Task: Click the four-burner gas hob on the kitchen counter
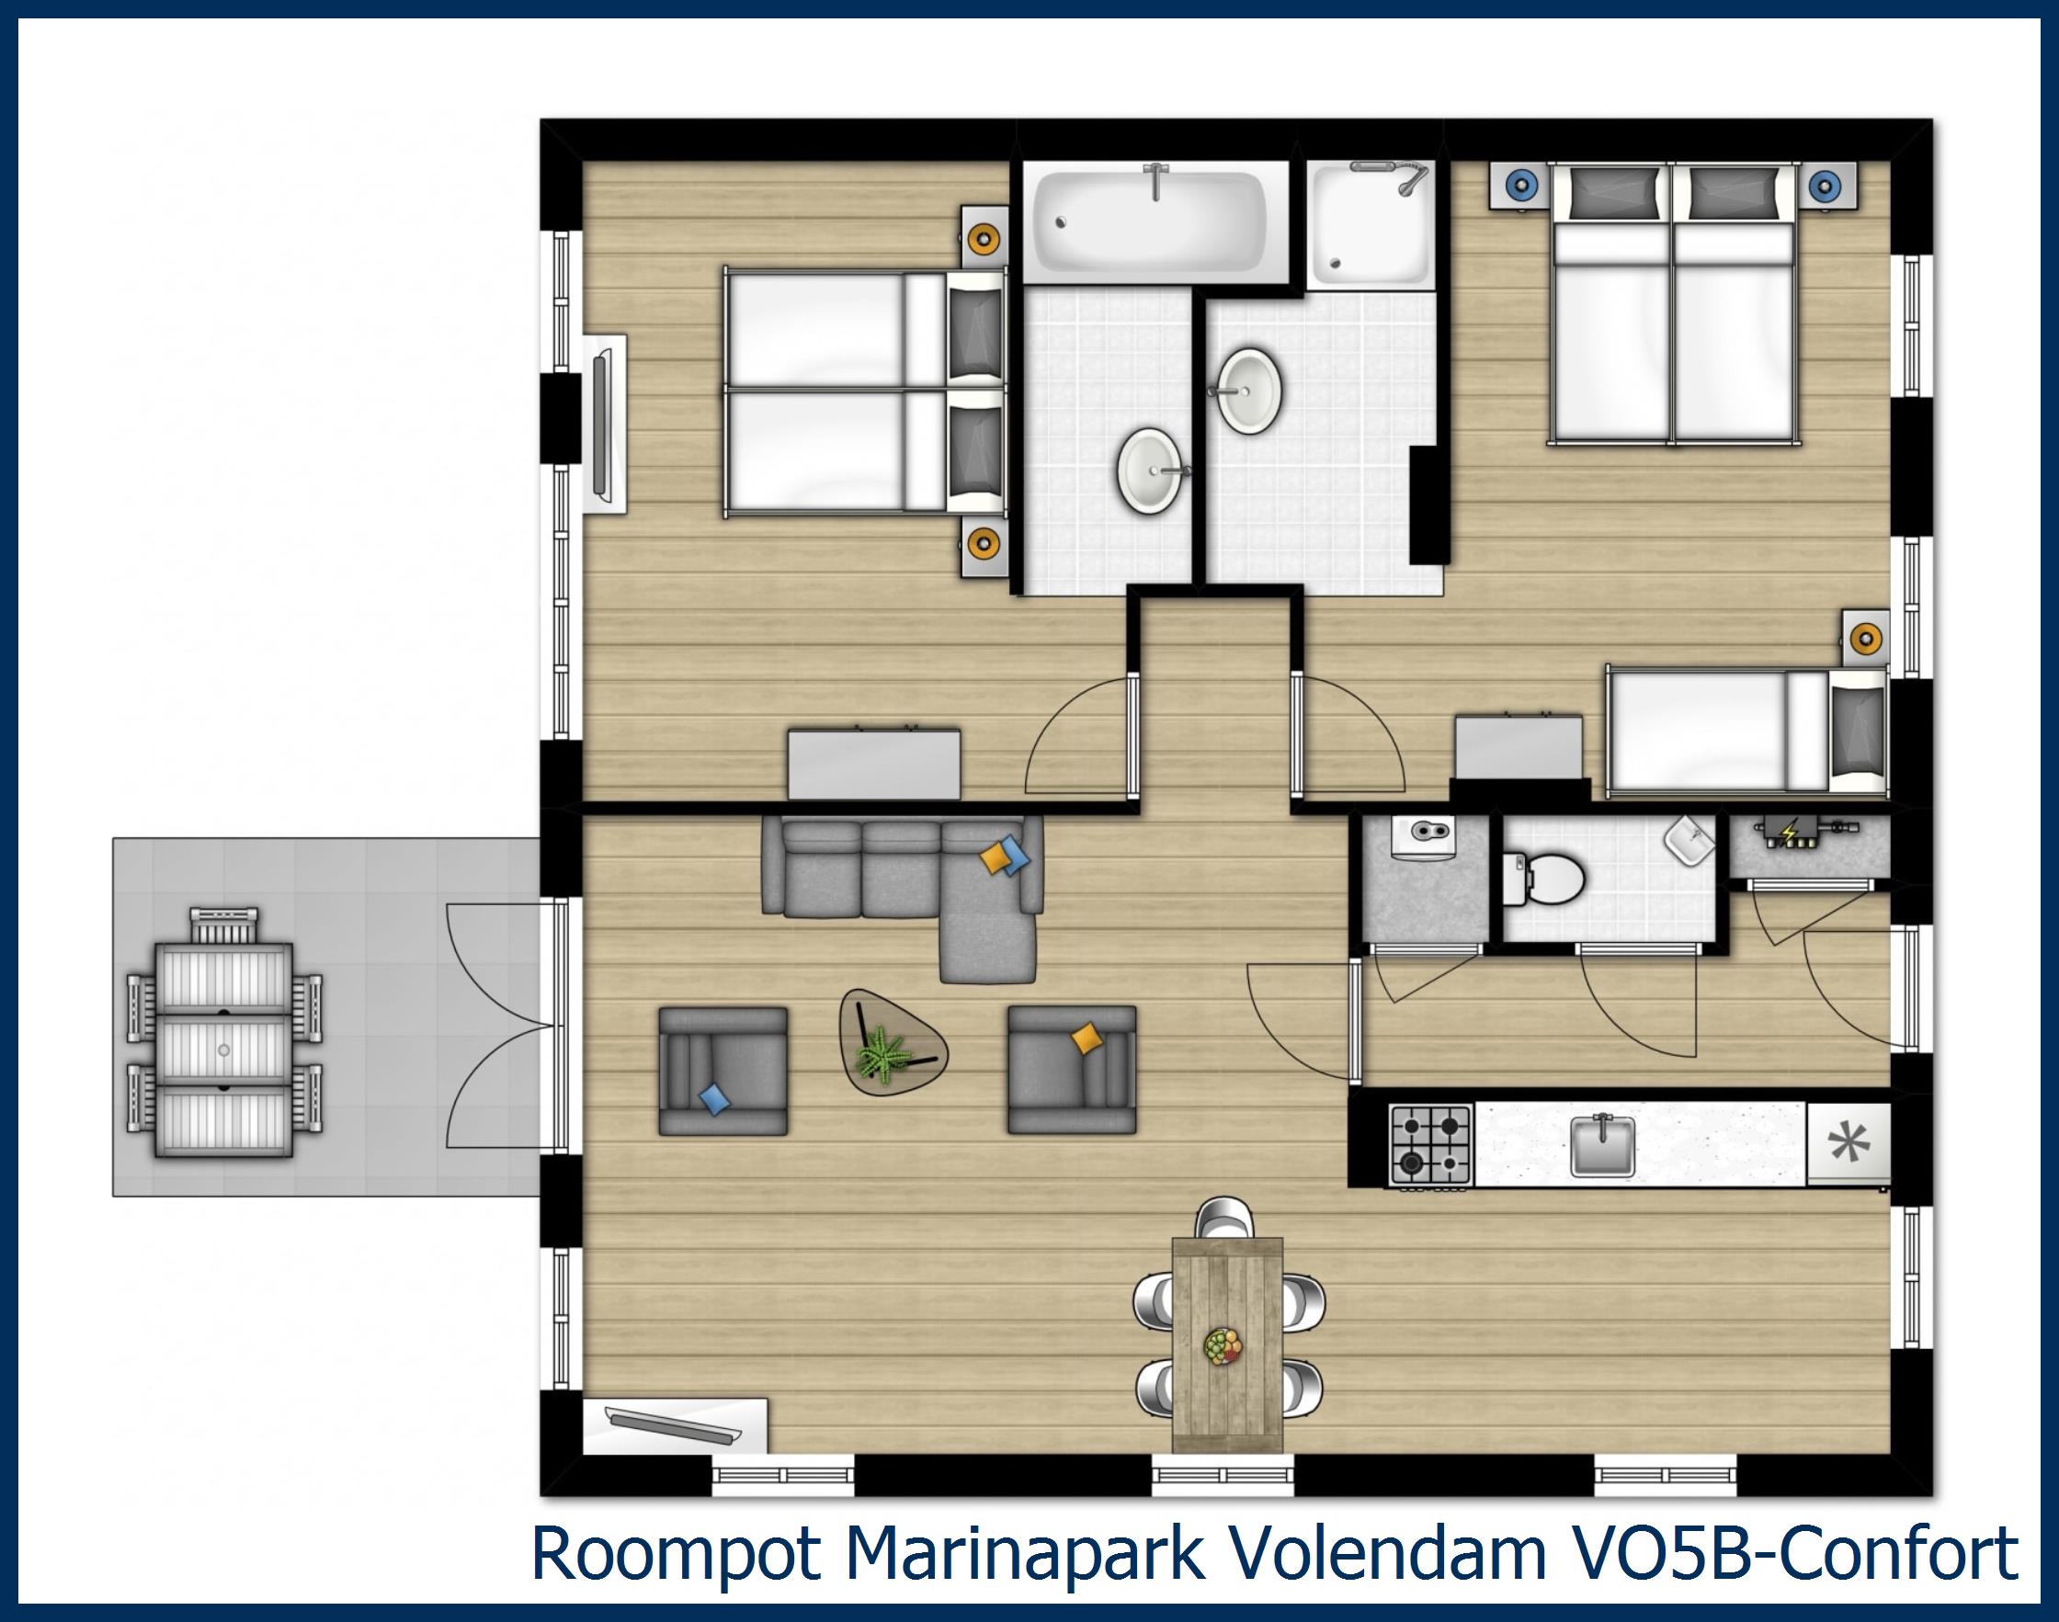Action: point(1430,1143)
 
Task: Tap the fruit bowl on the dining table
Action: point(1222,1345)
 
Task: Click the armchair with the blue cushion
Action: point(722,1071)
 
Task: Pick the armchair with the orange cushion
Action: point(1071,1071)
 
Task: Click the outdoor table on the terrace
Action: point(223,1050)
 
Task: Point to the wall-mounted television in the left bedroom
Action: point(604,423)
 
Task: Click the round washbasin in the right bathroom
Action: point(1250,391)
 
